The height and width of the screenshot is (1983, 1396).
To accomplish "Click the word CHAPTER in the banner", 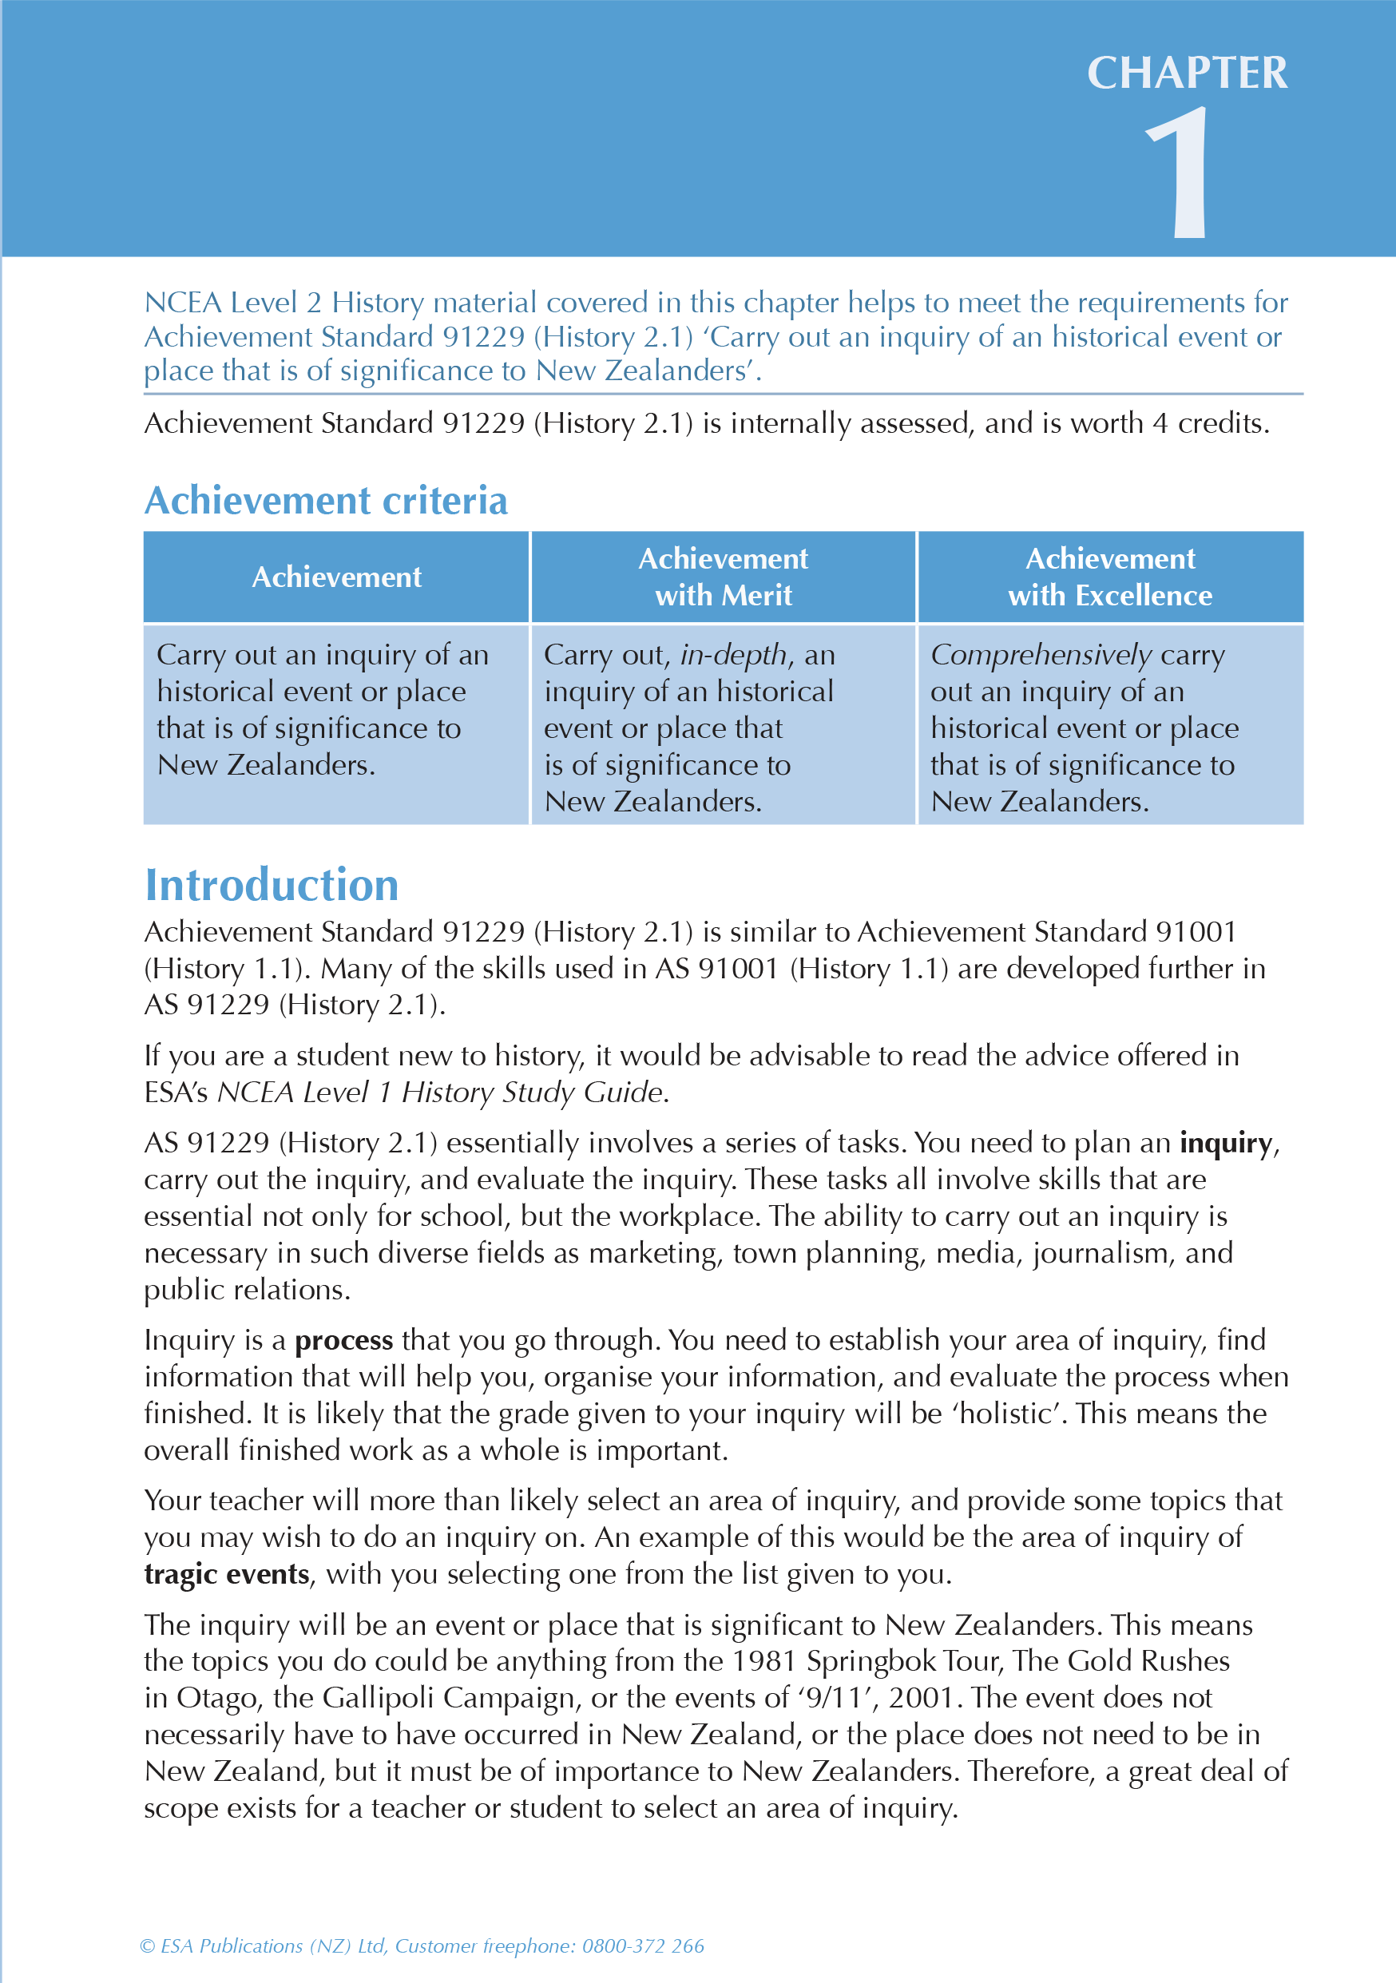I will [1186, 73].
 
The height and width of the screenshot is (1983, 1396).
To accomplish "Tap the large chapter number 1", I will [1181, 173].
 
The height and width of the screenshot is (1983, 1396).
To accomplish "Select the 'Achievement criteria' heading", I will [326, 500].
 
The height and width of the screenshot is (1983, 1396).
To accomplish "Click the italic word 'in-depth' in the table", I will [733, 655].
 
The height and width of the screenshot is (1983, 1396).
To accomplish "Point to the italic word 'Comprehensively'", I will [1040, 655].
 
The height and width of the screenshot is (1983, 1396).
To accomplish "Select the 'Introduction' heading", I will [272, 884].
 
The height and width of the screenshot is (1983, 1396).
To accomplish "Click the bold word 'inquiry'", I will [1226, 1143].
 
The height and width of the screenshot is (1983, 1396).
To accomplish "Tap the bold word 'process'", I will [344, 1339].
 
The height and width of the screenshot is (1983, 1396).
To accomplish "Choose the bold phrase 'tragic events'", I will [226, 1573].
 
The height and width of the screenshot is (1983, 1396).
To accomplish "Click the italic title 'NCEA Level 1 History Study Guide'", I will [441, 1093].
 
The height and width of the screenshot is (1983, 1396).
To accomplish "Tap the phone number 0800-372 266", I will [643, 1945].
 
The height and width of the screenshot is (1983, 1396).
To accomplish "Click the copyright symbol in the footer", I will [148, 1945].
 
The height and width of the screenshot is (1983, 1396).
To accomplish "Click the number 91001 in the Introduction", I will [1196, 932].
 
